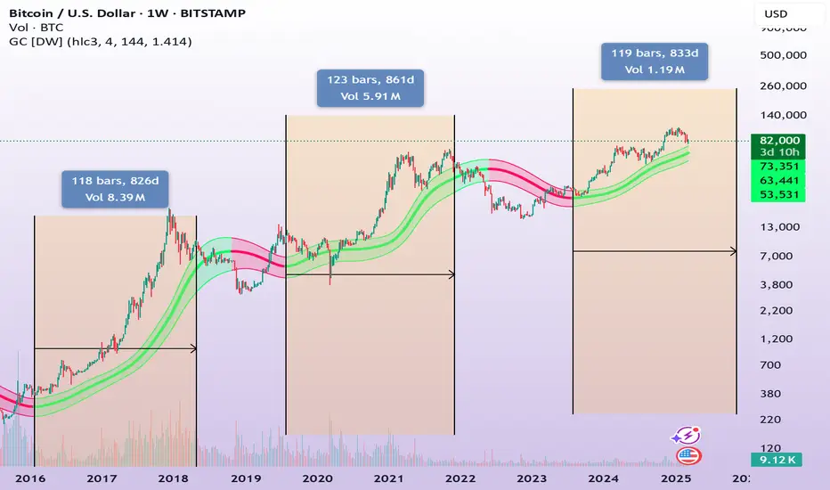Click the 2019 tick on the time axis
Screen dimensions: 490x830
[247, 477]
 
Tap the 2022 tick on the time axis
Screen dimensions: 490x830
[460, 477]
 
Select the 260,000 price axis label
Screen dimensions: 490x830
[782, 86]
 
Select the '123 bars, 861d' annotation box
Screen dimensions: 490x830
[370, 89]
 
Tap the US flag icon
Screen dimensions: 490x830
[688, 455]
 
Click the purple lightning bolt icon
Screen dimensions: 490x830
[688, 435]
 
